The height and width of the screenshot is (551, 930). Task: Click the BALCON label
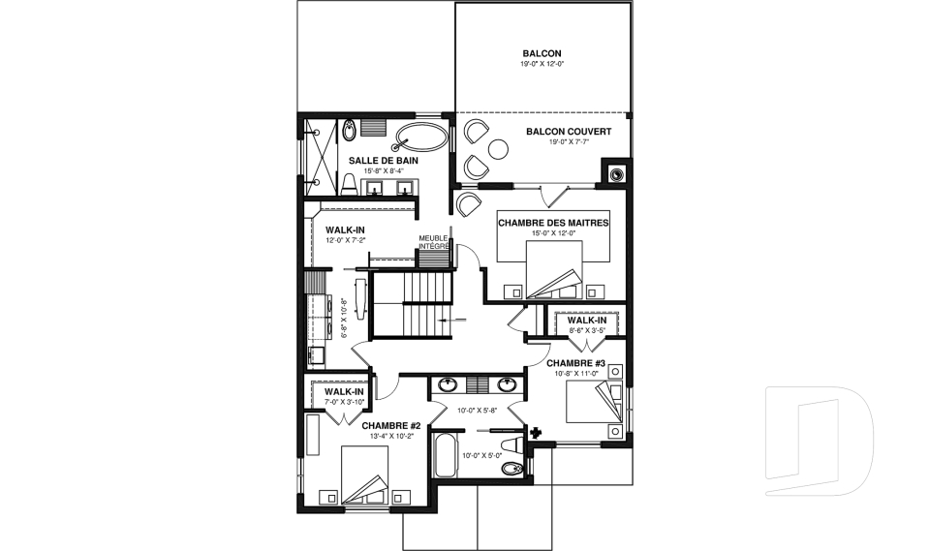tap(542, 53)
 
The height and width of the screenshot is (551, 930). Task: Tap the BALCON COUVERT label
tap(569, 132)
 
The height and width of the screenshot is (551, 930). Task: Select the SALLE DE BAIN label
tap(384, 160)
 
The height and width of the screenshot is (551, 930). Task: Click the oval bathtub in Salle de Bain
tap(421, 138)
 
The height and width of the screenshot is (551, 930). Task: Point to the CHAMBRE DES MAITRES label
tap(553, 223)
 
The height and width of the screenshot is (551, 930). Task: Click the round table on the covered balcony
tap(498, 148)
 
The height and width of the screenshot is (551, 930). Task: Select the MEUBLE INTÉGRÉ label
tap(434, 241)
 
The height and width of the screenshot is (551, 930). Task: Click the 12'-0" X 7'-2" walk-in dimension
tap(345, 240)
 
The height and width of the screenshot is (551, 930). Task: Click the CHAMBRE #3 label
tap(575, 363)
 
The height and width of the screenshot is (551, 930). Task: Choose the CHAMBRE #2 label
tap(390, 425)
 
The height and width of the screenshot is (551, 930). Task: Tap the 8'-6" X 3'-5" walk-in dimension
tap(587, 330)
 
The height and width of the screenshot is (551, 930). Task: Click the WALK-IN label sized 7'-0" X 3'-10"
tap(344, 391)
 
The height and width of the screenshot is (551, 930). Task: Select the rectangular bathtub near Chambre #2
tap(446, 455)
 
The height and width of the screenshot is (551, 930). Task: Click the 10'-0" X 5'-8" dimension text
tap(477, 410)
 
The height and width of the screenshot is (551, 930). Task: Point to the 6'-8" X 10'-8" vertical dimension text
tap(344, 318)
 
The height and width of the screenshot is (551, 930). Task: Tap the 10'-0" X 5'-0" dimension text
tap(482, 455)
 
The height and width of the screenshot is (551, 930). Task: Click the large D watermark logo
tap(820, 441)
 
